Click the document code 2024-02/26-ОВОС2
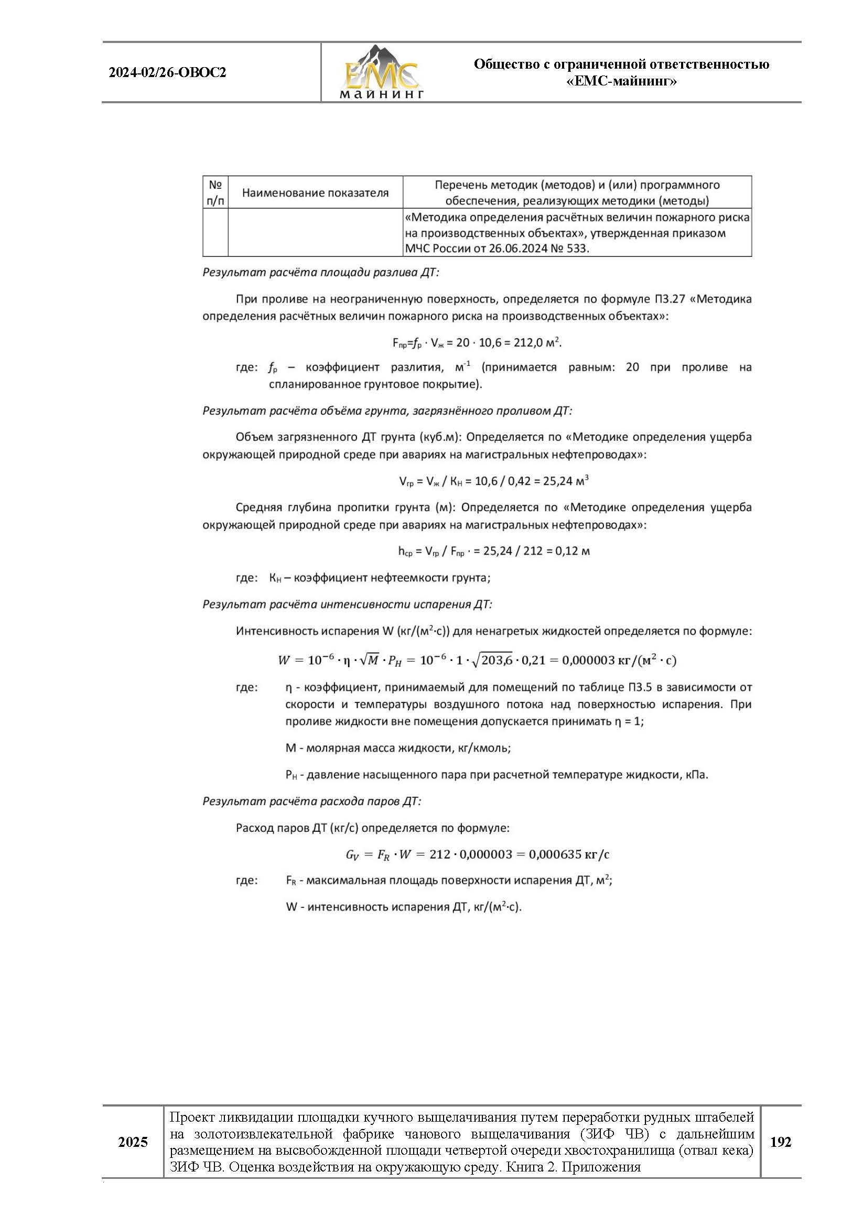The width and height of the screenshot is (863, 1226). pyautogui.click(x=167, y=73)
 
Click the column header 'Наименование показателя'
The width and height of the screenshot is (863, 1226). pyautogui.click(x=315, y=193)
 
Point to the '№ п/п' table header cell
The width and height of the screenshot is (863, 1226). pyautogui.click(x=215, y=192)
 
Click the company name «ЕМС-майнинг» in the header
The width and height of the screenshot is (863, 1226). pyautogui.click(x=621, y=81)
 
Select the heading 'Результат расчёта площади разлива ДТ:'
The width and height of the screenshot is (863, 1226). pyautogui.click(x=320, y=273)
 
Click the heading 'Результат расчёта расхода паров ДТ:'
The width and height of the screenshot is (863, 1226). pyautogui.click(x=311, y=801)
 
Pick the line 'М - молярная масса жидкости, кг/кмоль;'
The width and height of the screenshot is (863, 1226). pyautogui.click(x=398, y=748)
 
